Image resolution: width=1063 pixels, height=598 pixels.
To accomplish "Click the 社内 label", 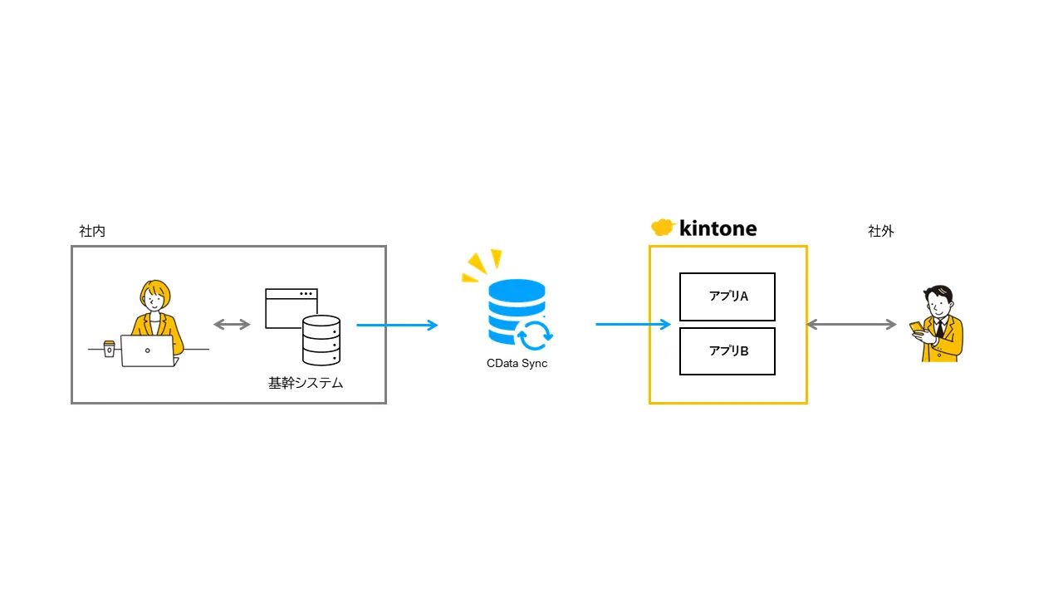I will coord(92,232).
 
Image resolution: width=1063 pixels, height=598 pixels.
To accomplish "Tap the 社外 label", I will coord(881,232).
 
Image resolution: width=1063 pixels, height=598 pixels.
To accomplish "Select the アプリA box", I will coord(727,297).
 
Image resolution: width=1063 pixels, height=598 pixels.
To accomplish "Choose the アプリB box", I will coord(727,351).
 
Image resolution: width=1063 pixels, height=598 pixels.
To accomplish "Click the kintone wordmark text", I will coord(718,228).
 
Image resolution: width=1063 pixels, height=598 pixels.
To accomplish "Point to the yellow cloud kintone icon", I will coord(662,228).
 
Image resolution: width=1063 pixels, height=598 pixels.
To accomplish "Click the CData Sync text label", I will coord(517,364).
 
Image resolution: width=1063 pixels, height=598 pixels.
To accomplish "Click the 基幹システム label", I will coord(306,384).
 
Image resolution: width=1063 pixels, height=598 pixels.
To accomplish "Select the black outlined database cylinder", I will coord(321,341).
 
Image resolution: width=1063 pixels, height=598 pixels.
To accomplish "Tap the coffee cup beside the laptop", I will coord(110,349).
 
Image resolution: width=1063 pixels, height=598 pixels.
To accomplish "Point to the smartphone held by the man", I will coord(915,326).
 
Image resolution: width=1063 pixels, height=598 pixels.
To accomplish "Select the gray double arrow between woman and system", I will coord(232,325).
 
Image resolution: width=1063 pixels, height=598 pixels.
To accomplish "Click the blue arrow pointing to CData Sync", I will coord(397,325).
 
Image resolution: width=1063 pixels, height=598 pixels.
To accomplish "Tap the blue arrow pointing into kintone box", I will coord(633,325).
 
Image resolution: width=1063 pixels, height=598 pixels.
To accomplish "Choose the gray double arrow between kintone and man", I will coord(852,325).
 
